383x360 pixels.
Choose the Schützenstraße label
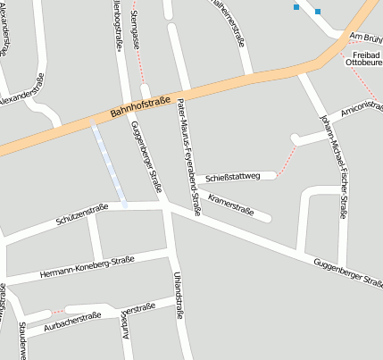tap(81, 213)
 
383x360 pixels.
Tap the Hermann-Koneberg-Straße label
tap(87, 268)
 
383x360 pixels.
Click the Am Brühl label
tap(365, 37)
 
